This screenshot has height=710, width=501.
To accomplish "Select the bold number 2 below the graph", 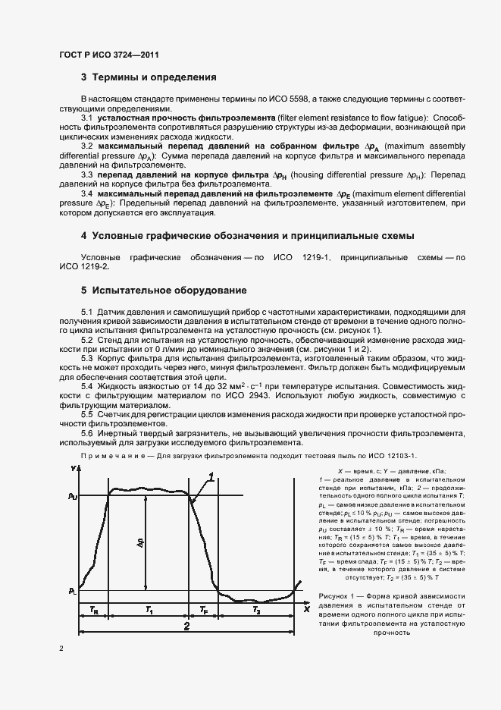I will [186, 627].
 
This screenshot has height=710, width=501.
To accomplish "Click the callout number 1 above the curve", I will [211, 476].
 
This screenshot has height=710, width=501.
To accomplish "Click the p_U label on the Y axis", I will [72, 496].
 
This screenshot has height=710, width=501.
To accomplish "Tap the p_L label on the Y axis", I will [72, 590].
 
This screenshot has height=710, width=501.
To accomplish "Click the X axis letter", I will [307, 608].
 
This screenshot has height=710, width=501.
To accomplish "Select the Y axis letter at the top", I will [74, 470].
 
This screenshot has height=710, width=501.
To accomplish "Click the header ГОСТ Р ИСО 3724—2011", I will [108, 55].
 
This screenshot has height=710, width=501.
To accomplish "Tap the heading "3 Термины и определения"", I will [149, 77].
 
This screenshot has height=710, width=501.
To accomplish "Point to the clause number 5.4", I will [87, 387].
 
